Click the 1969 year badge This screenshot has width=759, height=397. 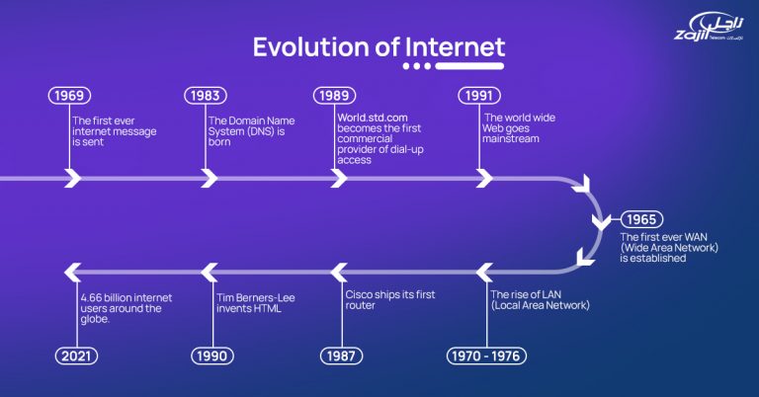tap(71, 96)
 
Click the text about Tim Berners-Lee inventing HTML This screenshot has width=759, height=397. tap(255, 301)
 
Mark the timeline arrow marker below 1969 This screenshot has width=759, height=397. tap(71, 178)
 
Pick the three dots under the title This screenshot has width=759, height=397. tap(417, 67)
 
